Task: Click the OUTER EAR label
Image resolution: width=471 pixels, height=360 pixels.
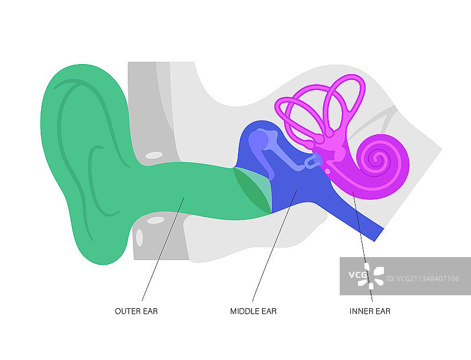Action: [x=136, y=311]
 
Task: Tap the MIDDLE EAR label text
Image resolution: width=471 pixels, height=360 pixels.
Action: [x=253, y=311]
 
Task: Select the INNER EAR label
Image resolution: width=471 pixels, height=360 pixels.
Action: [x=370, y=311]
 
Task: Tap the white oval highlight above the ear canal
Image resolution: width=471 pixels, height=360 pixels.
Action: [x=154, y=155]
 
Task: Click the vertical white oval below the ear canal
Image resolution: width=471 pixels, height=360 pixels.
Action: [x=140, y=237]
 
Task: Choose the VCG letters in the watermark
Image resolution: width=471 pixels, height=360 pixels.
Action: [x=357, y=275]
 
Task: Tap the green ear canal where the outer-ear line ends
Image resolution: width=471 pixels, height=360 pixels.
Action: [x=183, y=199]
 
